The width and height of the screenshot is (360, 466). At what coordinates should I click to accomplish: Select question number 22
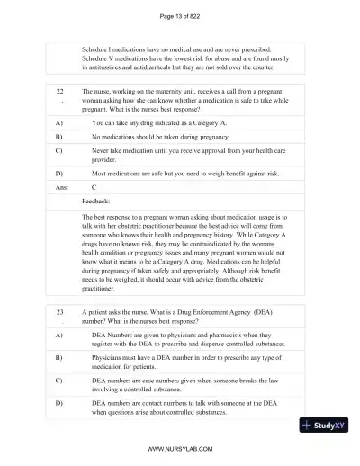click(x=59, y=92)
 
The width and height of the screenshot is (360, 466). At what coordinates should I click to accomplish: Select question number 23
click(x=59, y=309)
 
